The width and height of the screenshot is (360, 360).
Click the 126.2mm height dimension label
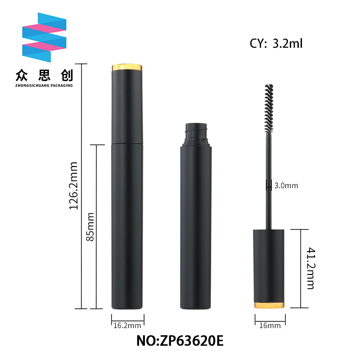pyautogui.click(x=74, y=185)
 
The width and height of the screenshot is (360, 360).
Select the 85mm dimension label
pyautogui.click(x=90, y=227)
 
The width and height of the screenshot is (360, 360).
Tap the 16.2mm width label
pyautogui.click(x=127, y=325)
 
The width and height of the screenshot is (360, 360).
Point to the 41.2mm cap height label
pyautogui.click(x=311, y=268)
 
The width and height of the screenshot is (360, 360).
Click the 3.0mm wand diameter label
pyautogui.click(x=286, y=185)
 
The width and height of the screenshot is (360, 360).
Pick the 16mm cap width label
pyautogui.click(x=270, y=325)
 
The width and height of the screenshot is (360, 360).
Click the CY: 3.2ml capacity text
pyautogui.click(x=276, y=43)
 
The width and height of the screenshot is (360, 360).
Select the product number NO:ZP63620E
pyautogui.click(x=180, y=341)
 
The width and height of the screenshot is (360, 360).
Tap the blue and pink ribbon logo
pyautogui.click(x=44, y=37)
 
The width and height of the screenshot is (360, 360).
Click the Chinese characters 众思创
pyautogui.click(x=44, y=75)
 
